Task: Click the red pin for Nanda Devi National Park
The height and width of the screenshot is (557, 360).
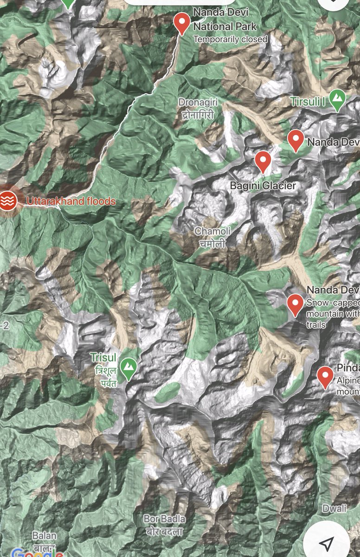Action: pos(181,22)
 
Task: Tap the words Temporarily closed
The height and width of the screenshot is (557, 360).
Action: pos(231,39)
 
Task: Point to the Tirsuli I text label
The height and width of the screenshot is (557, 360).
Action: pos(308,101)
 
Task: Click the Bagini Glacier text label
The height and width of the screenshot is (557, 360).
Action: pos(263,186)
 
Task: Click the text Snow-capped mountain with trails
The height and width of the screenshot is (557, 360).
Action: pos(332,314)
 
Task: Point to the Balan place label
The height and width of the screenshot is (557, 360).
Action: pos(45,540)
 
